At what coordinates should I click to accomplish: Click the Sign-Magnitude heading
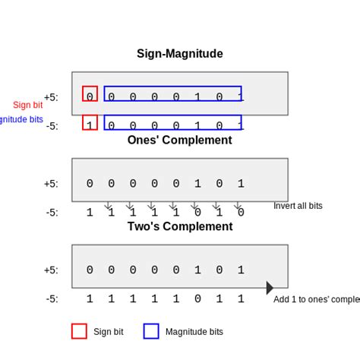pyautogui.click(x=180, y=54)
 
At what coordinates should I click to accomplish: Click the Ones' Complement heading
pyautogui.click(x=180, y=140)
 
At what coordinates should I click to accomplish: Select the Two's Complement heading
pyautogui.click(x=180, y=226)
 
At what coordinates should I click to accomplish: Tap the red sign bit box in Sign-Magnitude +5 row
pyautogui.click(x=90, y=94)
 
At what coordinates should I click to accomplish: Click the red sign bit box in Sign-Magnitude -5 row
pyautogui.click(x=90, y=123)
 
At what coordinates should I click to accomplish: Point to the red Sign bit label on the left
pyautogui.click(x=27, y=105)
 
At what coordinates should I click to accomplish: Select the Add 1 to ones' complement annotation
pyautogui.click(x=316, y=299)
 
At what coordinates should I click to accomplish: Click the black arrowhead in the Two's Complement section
pyautogui.click(x=270, y=288)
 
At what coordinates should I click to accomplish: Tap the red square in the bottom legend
pyautogui.click(x=79, y=331)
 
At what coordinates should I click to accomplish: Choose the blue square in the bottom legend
pyautogui.click(x=151, y=331)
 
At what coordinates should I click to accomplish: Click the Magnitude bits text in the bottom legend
pyautogui.click(x=194, y=332)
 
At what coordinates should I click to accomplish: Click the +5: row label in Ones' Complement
pyautogui.click(x=51, y=184)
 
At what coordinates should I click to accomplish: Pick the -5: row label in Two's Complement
pyautogui.click(x=51, y=299)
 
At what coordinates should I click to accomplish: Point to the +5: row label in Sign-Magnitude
pyautogui.click(x=51, y=97)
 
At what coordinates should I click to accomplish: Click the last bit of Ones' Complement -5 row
pyautogui.click(x=241, y=213)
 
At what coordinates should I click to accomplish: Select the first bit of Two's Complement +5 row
pyautogui.click(x=90, y=270)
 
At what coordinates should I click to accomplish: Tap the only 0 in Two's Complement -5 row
pyautogui.click(x=197, y=299)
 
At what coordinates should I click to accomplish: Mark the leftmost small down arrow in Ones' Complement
pyautogui.click(x=108, y=205)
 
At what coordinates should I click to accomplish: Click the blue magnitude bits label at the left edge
pyautogui.click(x=15, y=120)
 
